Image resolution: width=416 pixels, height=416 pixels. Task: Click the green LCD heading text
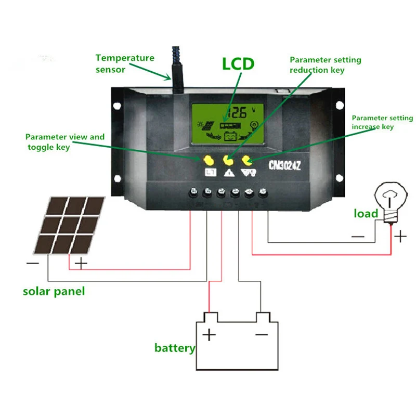238,64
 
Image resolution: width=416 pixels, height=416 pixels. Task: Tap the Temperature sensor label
125,63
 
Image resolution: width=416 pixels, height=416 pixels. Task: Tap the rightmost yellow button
247,159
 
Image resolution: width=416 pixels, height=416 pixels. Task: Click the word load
366,213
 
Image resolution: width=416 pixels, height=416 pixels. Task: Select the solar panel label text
54,291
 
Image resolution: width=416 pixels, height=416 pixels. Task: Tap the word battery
175,348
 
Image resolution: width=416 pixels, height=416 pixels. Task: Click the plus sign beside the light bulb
399,237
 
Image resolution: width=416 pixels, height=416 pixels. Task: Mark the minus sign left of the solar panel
32,264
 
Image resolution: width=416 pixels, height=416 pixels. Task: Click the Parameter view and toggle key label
65,141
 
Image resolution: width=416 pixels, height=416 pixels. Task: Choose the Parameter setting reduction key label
325,65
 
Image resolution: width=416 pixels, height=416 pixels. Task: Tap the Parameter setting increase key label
382,122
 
